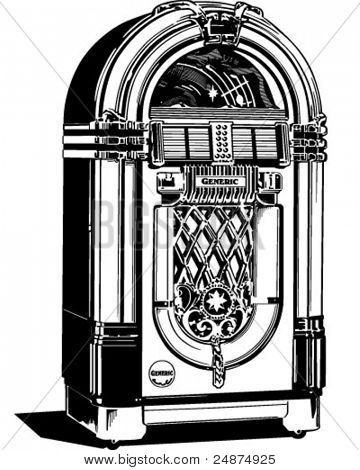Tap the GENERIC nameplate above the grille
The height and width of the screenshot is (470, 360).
pyautogui.click(x=216, y=181)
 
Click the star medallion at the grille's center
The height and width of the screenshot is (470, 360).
pyautogui.click(x=216, y=300)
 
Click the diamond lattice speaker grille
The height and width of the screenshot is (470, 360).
pyautogui.click(x=215, y=245)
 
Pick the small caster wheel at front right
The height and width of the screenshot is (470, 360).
pyautogui.click(x=296, y=432)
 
